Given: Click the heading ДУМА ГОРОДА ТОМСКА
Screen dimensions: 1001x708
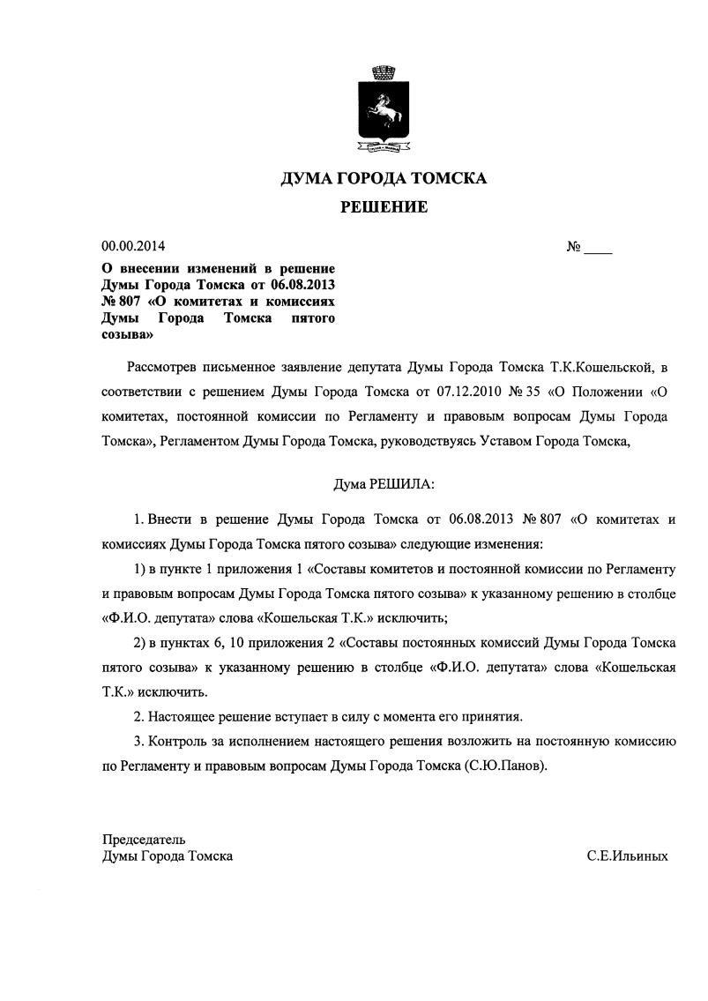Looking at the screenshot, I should coord(384,178).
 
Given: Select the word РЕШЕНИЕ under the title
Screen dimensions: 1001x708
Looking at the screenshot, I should coord(384,208).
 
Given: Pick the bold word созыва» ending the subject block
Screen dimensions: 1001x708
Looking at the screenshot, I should coord(128,335).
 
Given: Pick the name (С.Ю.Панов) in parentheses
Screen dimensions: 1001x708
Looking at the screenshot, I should coord(505,766).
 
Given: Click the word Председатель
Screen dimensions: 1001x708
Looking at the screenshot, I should coord(144,839).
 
